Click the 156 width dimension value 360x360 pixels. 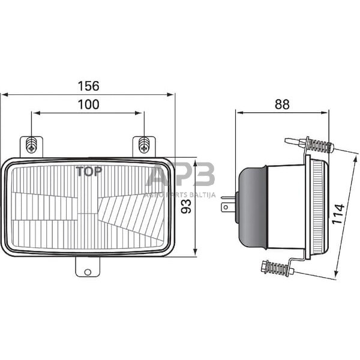pyautogui.click(x=88, y=86)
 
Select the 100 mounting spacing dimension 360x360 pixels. pyautogui.click(x=88, y=104)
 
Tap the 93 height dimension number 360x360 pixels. pyautogui.click(x=187, y=207)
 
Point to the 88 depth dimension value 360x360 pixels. pyautogui.click(x=282, y=104)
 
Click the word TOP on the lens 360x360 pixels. pyautogui.click(x=89, y=170)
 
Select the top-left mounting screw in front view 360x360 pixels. pyautogui.click(x=32, y=144)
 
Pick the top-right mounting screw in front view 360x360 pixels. pyautogui.click(x=144, y=144)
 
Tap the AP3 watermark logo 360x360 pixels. pyautogui.click(x=180, y=177)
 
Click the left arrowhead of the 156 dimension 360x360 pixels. pyautogui.click(x=4, y=94)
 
